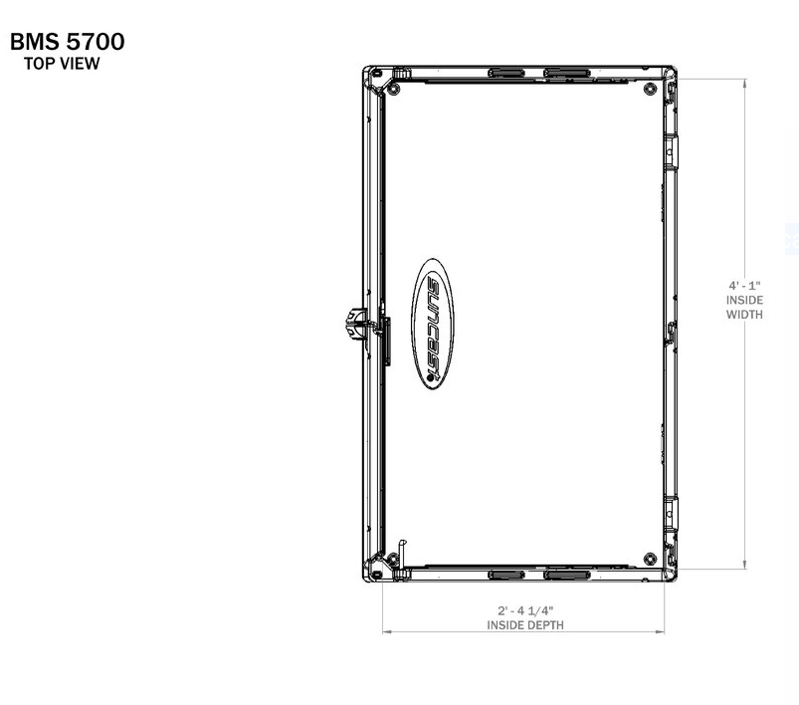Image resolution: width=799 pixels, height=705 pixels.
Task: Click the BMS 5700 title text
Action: click(x=67, y=43)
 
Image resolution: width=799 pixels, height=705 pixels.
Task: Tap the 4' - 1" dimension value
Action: click(x=744, y=286)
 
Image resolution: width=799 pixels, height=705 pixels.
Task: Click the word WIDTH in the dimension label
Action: click(x=744, y=315)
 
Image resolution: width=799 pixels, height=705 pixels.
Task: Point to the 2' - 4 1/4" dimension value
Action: click(x=524, y=610)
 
